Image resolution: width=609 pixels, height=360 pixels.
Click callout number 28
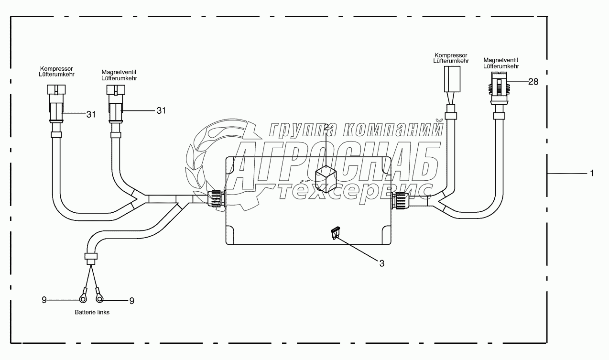coord(533,82)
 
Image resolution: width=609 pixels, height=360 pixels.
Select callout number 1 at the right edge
coord(592,173)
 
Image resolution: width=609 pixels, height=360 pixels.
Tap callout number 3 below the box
coord(382,263)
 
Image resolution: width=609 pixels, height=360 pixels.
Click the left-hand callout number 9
coord(44,300)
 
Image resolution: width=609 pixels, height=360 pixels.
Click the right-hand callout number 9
coord(131,301)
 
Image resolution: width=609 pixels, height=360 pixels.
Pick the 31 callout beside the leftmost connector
coord(91,114)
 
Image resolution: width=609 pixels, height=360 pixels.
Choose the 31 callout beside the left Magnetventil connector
coord(161,110)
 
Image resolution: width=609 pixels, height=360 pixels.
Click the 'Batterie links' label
coord(92,312)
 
